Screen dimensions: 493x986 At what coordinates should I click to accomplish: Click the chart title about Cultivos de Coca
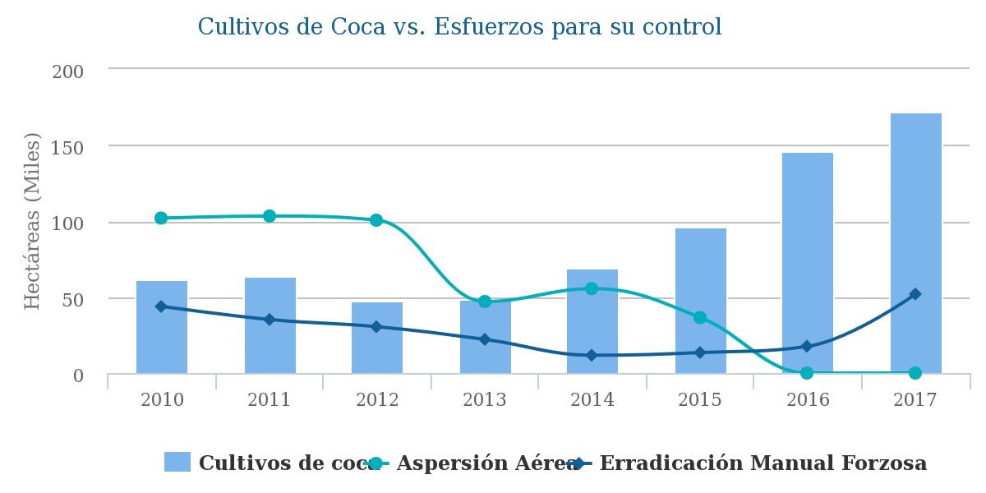(459, 27)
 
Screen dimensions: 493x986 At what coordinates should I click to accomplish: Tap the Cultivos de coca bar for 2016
(807, 263)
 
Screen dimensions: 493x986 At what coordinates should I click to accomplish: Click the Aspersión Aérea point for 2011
(270, 216)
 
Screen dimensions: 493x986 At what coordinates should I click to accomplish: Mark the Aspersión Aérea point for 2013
(485, 302)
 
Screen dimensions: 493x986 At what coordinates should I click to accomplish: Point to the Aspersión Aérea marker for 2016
(807, 373)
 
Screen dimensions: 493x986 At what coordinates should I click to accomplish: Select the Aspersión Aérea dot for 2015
(700, 317)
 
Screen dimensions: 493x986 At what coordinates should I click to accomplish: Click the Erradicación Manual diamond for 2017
(915, 294)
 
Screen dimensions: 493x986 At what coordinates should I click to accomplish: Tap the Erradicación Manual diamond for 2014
(592, 355)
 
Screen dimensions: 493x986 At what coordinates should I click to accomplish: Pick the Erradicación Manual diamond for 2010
(161, 306)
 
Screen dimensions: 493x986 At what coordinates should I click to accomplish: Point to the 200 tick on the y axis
(68, 71)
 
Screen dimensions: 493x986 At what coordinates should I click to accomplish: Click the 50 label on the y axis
(74, 300)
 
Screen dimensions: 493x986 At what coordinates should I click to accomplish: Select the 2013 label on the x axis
(485, 400)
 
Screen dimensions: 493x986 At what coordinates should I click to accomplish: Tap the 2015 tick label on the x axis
(700, 400)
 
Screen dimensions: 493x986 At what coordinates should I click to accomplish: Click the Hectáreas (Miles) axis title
(33, 222)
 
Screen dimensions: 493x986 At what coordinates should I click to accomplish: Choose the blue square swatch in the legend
(177, 462)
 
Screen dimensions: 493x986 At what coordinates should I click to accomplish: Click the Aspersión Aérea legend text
(487, 463)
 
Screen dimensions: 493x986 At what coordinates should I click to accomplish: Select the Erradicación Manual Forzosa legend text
(763, 463)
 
